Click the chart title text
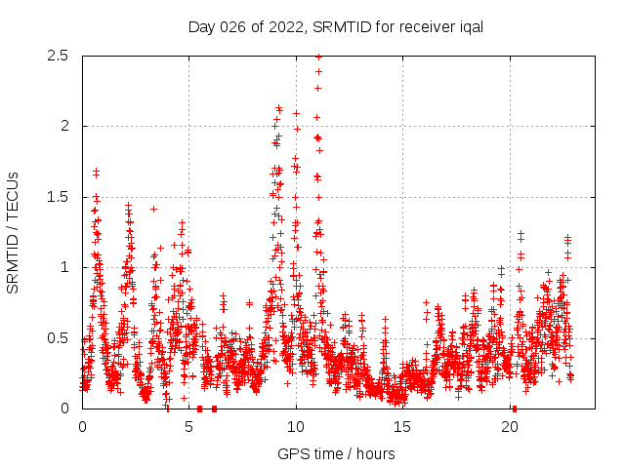[x=335, y=26]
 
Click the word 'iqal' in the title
[x=471, y=26]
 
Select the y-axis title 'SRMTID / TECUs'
[x=14, y=232]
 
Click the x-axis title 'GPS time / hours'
[x=335, y=453]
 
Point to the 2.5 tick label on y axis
[x=60, y=56]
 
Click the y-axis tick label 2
[x=65, y=126]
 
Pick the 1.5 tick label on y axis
[x=60, y=197]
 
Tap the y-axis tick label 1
[x=65, y=267]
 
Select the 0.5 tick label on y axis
[x=60, y=338]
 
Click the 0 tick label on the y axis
[x=65, y=409]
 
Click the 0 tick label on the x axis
[x=82, y=427]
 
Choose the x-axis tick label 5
[x=189, y=427]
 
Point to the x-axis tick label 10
[x=296, y=427]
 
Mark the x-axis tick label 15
[x=403, y=427]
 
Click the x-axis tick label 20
[x=510, y=427]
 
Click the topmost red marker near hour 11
[x=318, y=57]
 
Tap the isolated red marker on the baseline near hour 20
[x=515, y=409]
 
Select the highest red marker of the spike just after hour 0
[x=96, y=173]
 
